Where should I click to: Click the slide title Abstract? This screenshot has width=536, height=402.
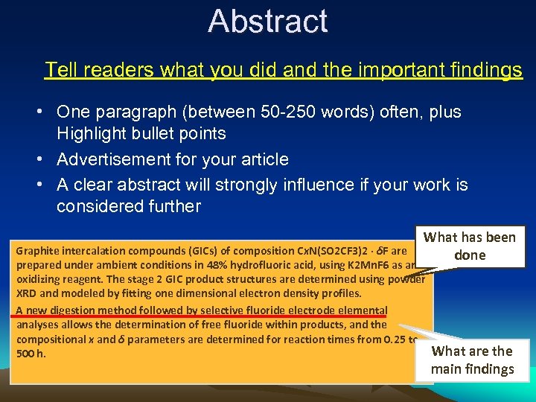coord(268,21)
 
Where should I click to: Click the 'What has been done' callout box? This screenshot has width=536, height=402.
coord(469,246)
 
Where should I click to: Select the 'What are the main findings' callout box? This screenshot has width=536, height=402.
coord(473,360)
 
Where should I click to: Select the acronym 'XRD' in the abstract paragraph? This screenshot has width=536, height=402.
coord(27,294)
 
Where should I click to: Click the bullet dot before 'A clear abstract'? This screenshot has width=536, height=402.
coord(45,185)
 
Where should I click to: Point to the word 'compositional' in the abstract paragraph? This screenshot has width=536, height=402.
coord(49,339)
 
